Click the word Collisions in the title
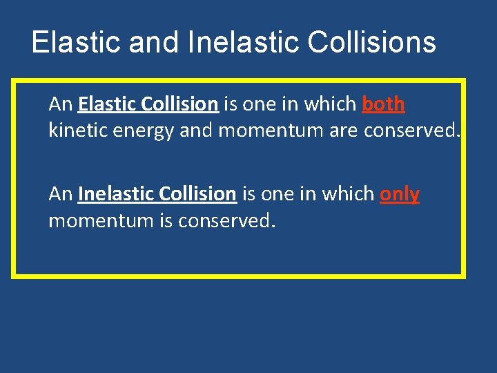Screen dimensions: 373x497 click(371, 42)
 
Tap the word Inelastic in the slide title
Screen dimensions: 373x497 click(243, 42)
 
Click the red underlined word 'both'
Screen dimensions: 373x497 click(383, 104)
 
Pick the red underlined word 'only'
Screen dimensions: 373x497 click(400, 194)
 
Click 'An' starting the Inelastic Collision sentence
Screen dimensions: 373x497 click(61, 194)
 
